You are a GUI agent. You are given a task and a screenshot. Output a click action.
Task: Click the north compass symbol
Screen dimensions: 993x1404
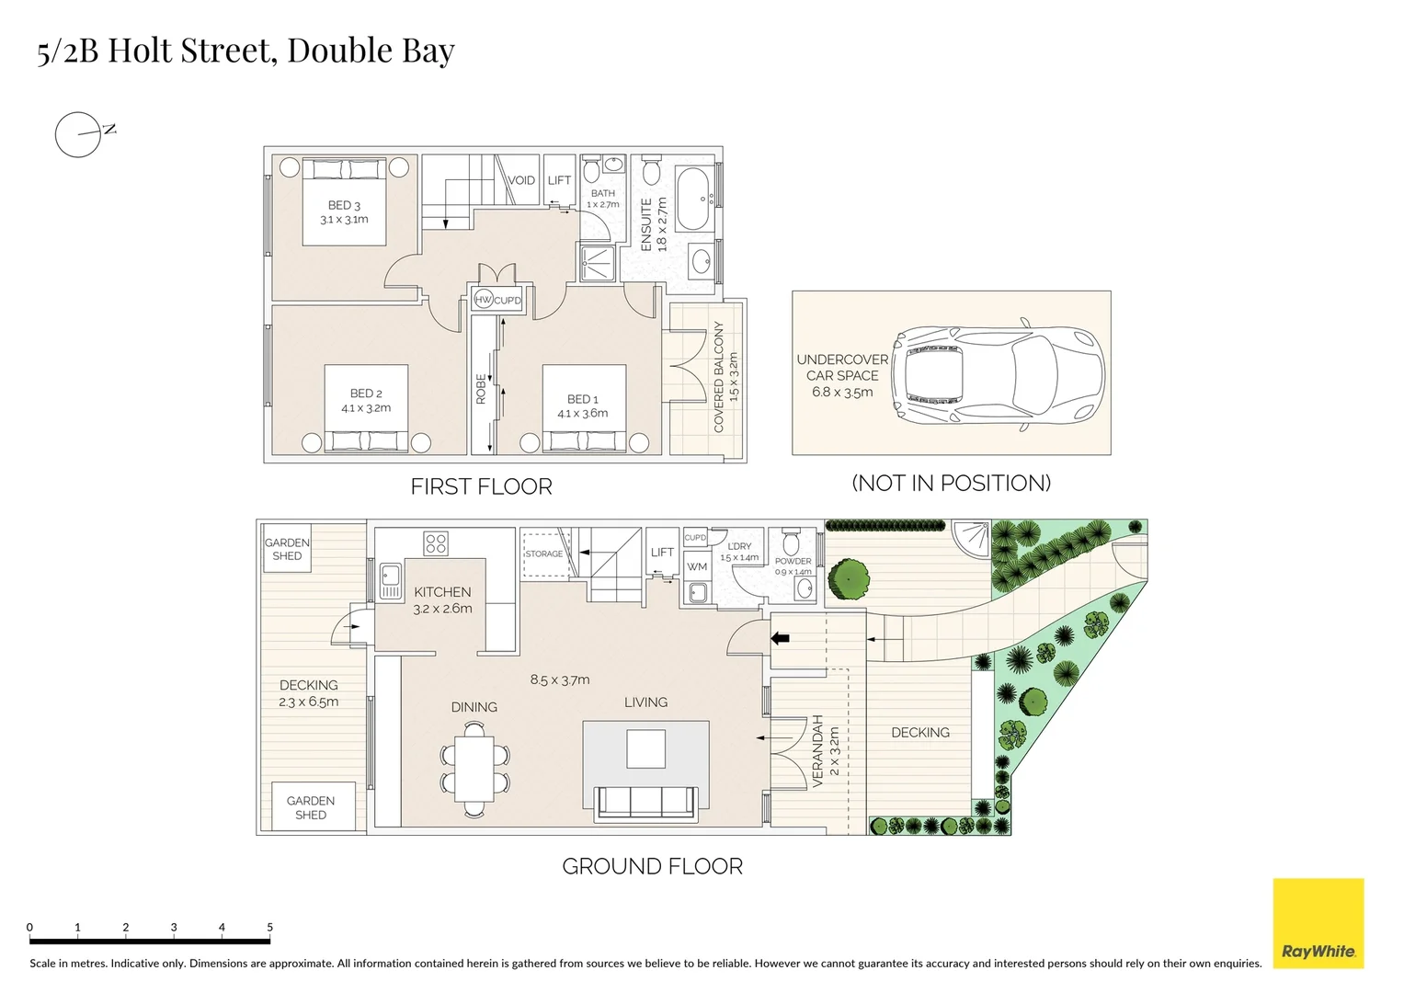pos(79,134)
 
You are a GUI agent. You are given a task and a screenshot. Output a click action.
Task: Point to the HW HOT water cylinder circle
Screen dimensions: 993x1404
pos(484,300)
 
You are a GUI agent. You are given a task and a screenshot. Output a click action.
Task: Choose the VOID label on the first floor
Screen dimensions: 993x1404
pos(521,180)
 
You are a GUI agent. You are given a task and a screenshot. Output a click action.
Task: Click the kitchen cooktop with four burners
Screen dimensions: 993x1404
pos(436,543)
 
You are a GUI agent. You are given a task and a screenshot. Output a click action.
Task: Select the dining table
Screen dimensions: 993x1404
pos(474,769)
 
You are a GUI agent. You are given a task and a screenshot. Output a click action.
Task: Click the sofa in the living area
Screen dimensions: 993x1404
pos(645,802)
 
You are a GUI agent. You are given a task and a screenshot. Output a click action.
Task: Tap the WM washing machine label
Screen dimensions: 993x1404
pos(697,566)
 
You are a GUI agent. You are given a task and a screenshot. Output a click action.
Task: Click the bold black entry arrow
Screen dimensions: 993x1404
pos(780,637)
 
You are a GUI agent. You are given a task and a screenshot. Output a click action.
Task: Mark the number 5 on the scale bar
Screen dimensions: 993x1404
pos(269,927)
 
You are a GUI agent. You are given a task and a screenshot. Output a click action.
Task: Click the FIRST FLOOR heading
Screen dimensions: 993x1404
pos(481,486)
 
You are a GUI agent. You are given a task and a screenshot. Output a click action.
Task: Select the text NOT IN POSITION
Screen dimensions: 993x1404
pos(951,483)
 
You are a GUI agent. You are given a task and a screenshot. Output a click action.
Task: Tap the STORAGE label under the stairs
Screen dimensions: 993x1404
pos(543,554)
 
